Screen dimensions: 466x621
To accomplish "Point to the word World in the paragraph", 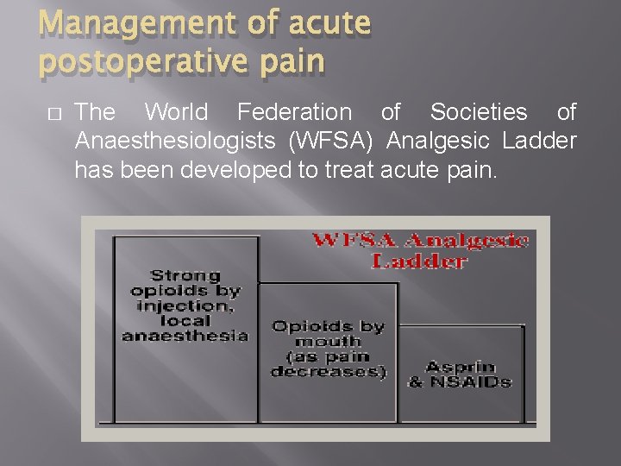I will pyautogui.click(x=176, y=112).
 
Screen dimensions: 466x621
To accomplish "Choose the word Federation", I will pyautogui.click(x=294, y=112).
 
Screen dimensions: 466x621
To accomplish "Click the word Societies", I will pyautogui.click(x=479, y=112).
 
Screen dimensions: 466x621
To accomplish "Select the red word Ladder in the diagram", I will pyautogui.click(x=419, y=261).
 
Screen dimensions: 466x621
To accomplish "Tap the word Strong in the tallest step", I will pyautogui.click(x=185, y=275).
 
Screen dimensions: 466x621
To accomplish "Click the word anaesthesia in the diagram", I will pyautogui.click(x=185, y=336).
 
